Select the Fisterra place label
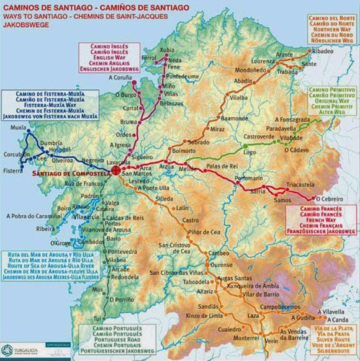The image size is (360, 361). click(14, 171)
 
